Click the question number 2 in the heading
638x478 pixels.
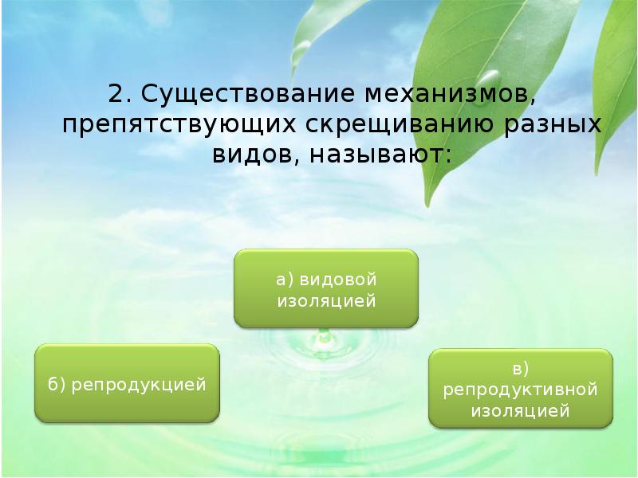(117, 94)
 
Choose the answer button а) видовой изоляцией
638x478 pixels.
(325, 288)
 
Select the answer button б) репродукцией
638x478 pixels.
(128, 384)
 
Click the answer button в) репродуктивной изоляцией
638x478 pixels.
(521, 390)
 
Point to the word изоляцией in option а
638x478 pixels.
(325, 300)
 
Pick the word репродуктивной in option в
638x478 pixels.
(521, 390)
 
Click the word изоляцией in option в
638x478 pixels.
(521, 411)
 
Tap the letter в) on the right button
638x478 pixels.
(521, 368)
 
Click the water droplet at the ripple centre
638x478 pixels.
(324, 339)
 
